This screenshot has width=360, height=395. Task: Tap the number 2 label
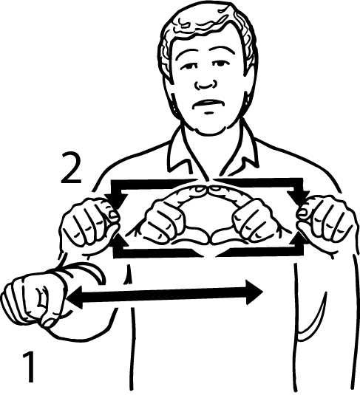coord(71,168)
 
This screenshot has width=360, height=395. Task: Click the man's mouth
coord(208,104)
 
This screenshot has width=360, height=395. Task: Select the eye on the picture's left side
coord(190,66)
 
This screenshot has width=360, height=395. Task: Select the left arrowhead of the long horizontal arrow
coord(75,298)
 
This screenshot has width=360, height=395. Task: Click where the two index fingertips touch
coord(208,189)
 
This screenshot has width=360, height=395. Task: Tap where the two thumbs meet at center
coord(209,238)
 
